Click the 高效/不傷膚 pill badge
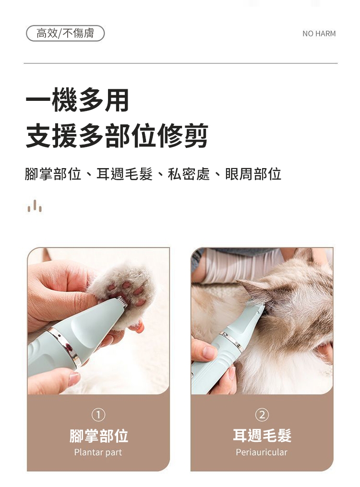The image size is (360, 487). click(65, 33)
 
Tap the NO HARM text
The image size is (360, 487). click(319, 34)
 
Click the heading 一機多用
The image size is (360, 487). click(77, 100)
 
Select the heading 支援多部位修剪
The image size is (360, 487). click(117, 135)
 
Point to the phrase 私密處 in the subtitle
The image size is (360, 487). click(189, 174)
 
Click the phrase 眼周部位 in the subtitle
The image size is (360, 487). click(253, 174)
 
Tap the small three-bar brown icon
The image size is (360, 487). click(35, 206)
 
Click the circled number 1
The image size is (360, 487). click(98, 414)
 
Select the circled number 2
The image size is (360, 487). click(262, 414)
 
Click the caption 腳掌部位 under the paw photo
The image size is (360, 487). click(98, 436)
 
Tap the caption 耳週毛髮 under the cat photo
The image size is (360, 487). click(262, 436)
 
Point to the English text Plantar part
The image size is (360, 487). click(98, 452)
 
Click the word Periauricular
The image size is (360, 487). click(262, 452)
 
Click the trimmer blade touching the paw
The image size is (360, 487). click(122, 301)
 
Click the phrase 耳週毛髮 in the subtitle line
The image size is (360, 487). click(125, 174)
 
